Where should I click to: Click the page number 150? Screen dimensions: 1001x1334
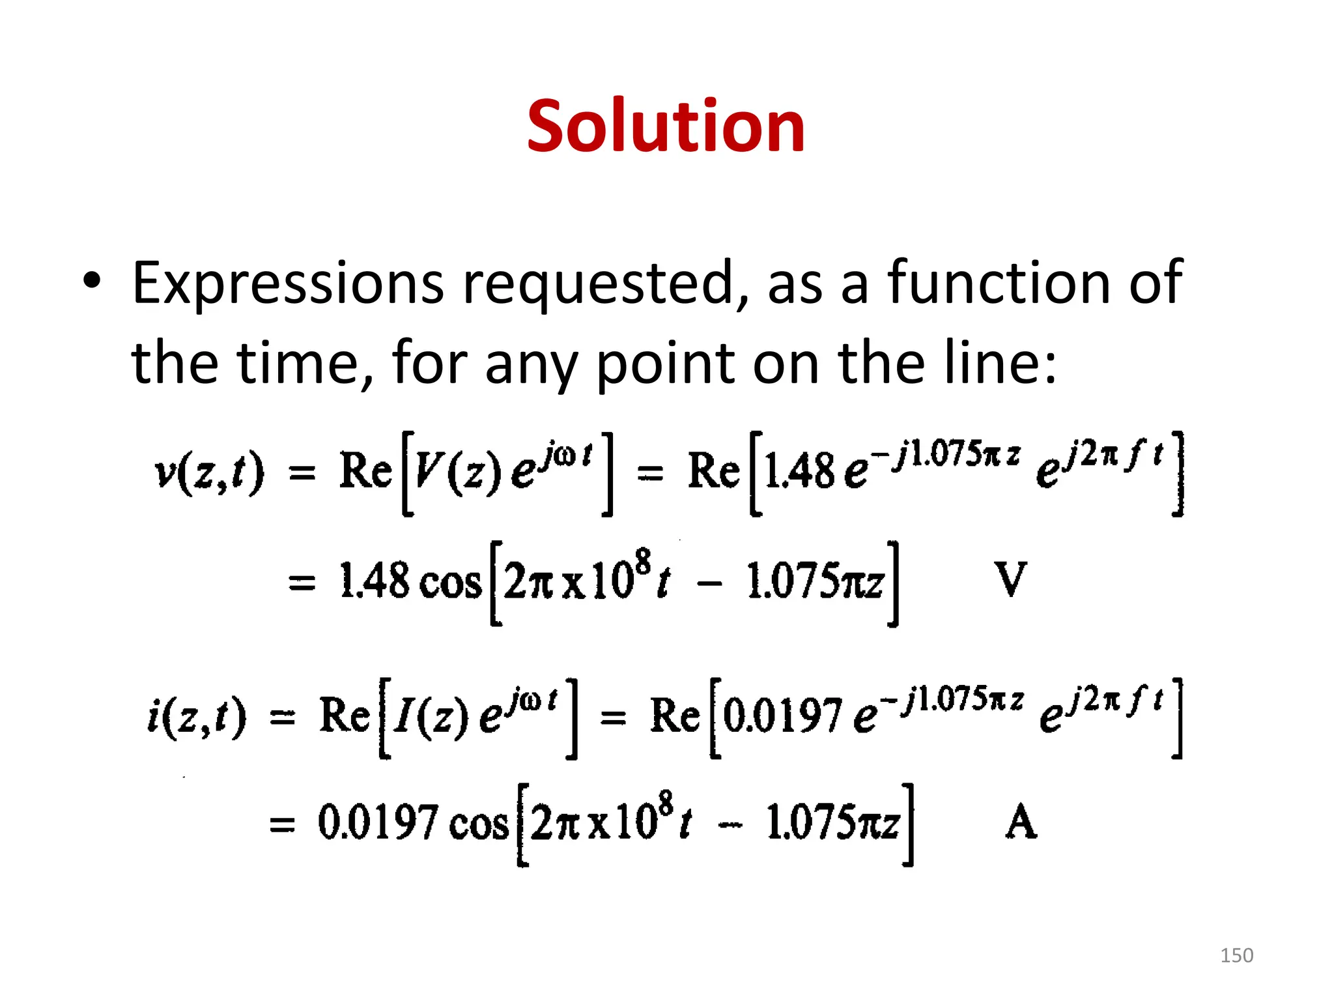click(1236, 955)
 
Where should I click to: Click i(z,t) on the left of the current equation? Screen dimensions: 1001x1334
click(197, 716)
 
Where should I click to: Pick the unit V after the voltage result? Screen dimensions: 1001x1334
click(1010, 579)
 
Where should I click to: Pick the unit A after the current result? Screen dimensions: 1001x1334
click(1020, 822)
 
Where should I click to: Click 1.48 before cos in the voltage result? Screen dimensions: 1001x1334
click(375, 581)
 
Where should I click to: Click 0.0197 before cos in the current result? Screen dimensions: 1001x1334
click(377, 822)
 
